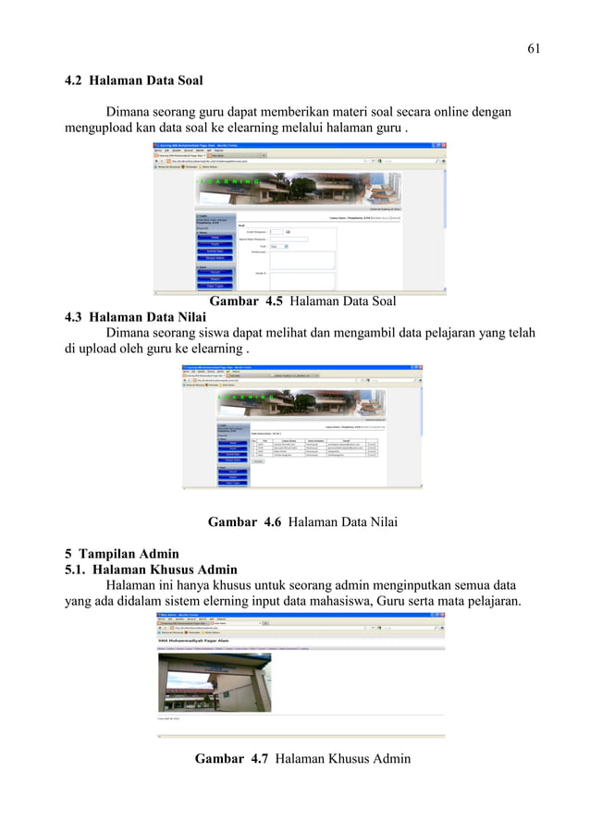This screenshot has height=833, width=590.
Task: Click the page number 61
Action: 533,48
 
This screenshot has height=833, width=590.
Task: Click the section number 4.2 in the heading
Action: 74,80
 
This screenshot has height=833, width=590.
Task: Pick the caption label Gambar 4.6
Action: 244,521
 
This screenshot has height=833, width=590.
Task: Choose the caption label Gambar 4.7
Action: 231,759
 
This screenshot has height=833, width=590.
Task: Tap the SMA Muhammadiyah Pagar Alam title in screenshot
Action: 193,639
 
